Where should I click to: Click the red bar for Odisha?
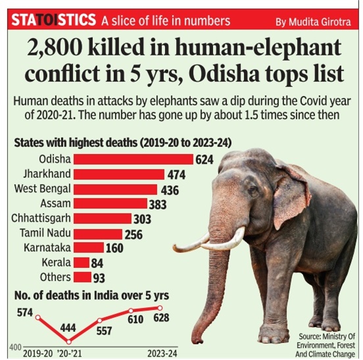click(133, 159)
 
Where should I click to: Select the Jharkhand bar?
click(119, 174)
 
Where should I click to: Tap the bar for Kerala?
click(82, 263)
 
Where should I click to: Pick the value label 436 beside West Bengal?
click(170, 190)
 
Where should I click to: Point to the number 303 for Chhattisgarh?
click(143, 219)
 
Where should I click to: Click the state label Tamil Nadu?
click(45, 233)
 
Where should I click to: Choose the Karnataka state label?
click(47, 247)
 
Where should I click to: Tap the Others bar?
click(82, 277)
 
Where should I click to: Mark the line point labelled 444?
click(69, 342)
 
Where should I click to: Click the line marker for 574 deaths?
click(38, 317)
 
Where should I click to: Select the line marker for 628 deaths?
click(160, 308)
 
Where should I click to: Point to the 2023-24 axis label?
click(162, 353)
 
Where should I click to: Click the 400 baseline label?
click(15, 347)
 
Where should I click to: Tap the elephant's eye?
click(253, 190)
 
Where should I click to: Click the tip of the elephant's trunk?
click(197, 340)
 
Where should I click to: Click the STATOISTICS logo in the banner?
click(53, 20)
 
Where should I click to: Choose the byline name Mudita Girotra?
click(320, 22)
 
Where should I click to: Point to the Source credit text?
click(326, 345)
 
